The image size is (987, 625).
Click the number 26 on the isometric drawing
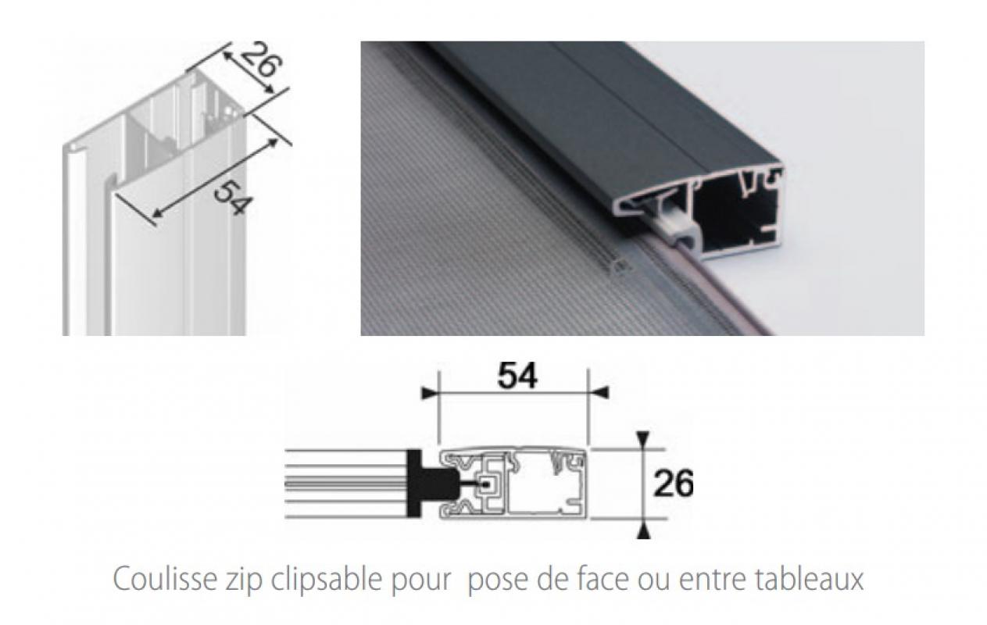point(261,61)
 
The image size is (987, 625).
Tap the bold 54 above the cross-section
point(517,376)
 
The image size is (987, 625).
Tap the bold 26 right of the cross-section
point(674,484)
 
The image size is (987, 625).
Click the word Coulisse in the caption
point(165,579)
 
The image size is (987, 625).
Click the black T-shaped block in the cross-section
point(430,483)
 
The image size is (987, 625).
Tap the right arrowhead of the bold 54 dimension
point(599,392)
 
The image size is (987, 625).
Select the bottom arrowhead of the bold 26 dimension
point(644,530)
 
